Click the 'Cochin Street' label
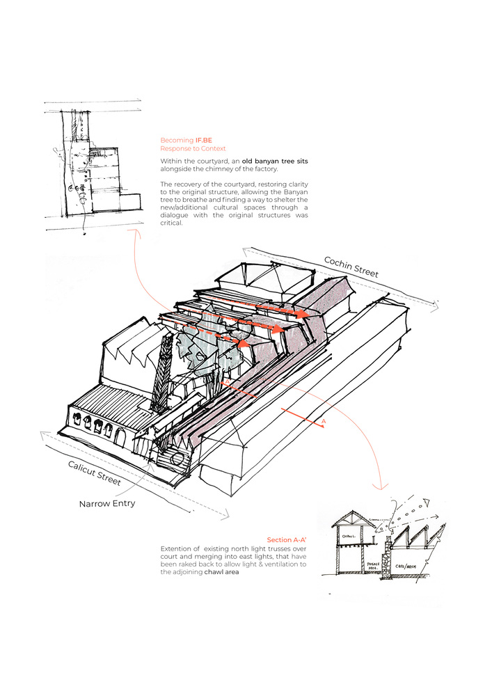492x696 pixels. pos(351,266)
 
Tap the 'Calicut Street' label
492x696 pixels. pos(95,473)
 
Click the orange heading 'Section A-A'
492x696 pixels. pos(287,540)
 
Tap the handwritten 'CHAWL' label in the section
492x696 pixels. pos(348,536)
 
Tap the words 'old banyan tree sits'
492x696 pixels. pos(275,161)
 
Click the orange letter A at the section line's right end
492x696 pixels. pos(324,422)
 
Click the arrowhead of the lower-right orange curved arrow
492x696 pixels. pos(381,485)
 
